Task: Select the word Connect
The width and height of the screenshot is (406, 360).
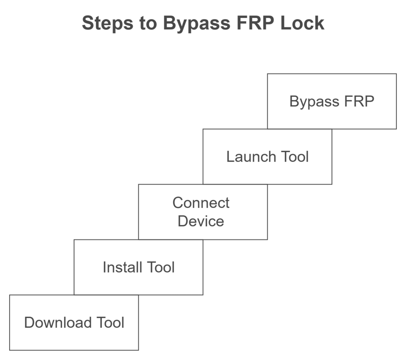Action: point(201,203)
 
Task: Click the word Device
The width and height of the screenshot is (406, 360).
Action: point(201,221)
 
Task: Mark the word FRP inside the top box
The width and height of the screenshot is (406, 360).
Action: point(359,101)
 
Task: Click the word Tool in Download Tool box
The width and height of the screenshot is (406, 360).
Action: point(109,322)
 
